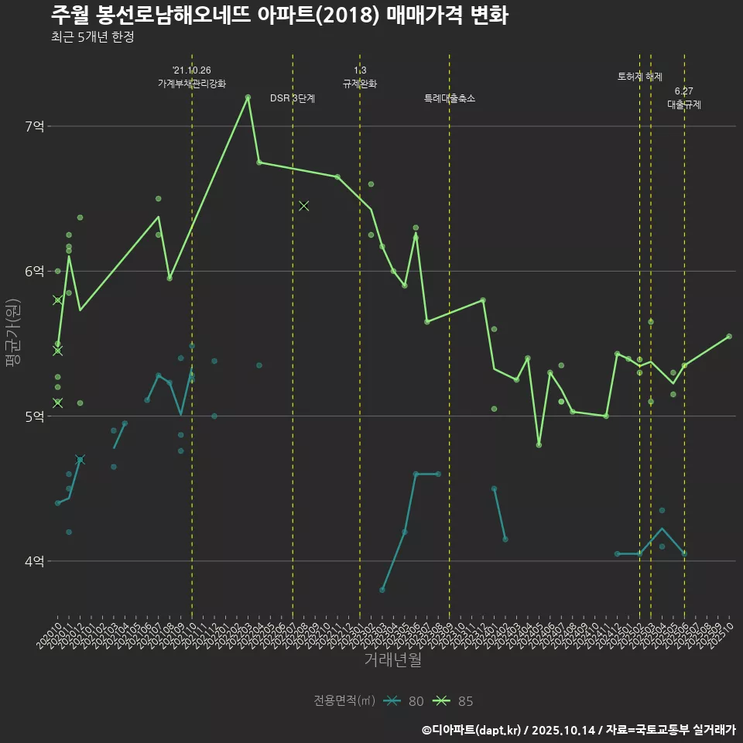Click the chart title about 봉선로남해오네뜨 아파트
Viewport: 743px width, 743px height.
(x=279, y=15)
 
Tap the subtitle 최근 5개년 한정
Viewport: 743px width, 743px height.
(x=92, y=37)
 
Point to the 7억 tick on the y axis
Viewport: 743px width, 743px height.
(x=33, y=126)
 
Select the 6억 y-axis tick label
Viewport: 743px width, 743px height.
(x=33, y=271)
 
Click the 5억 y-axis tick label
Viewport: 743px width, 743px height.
(x=33, y=416)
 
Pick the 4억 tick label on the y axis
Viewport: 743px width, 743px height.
(x=33, y=561)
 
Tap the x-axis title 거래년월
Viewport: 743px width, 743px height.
(x=393, y=660)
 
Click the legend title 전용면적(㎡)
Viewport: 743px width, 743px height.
(x=344, y=701)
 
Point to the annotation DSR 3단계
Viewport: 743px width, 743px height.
(x=293, y=98)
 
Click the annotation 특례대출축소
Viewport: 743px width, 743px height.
(x=450, y=98)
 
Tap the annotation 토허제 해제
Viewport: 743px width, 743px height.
(x=640, y=77)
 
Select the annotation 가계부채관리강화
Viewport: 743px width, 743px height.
(x=192, y=83)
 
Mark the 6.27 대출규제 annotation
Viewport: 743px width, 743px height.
(x=684, y=98)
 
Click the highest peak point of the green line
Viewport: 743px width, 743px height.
(x=248, y=98)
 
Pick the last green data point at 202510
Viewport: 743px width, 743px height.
(x=729, y=337)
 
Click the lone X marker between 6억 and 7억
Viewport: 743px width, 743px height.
(x=304, y=205)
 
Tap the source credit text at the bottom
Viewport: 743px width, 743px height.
(x=578, y=730)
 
